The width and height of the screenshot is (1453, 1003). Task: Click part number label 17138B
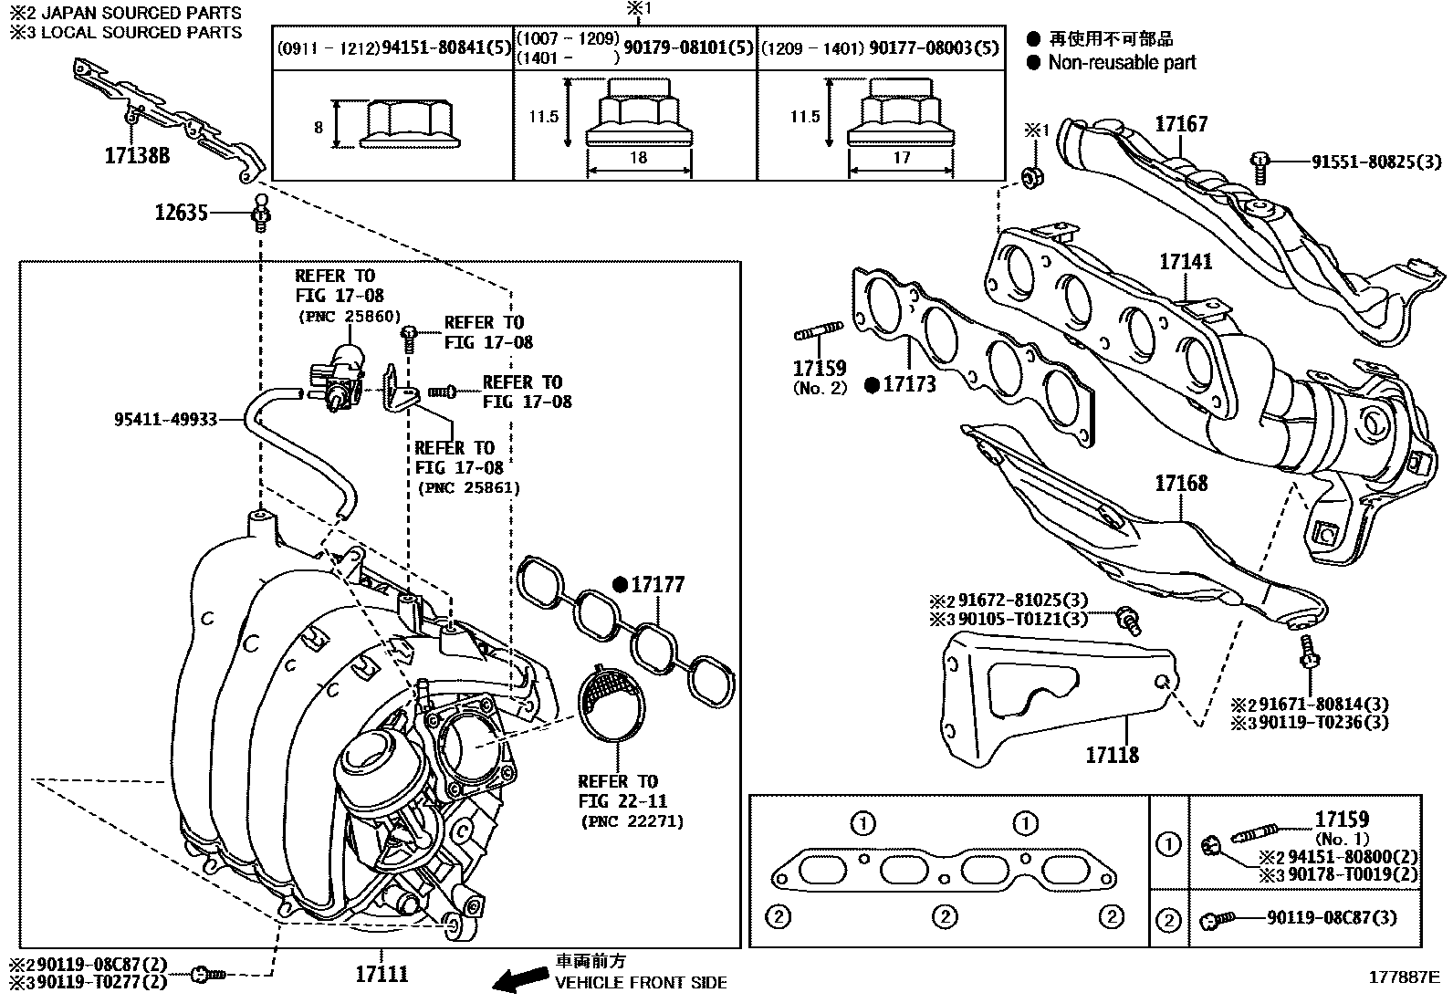click(x=137, y=155)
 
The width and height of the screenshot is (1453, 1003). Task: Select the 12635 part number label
click(x=182, y=213)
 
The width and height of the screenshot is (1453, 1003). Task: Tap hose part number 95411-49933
click(x=165, y=419)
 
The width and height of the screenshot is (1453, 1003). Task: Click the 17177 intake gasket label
click(x=657, y=585)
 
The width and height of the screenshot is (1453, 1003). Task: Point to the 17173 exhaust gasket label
click(x=909, y=385)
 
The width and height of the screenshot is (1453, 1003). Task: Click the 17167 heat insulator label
click(x=1181, y=124)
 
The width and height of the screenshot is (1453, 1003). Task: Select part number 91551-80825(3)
click(x=1376, y=162)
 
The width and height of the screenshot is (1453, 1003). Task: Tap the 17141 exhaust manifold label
click(x=1186, y=262)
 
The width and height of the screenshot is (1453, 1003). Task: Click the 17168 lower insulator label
click(x=1181, y=483)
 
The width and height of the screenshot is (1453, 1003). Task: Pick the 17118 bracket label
click(x=1112, y=755)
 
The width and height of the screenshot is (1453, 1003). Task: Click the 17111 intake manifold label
click(x=382, y=974)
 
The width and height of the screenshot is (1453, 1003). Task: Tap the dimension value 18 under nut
click(x=638, y=158)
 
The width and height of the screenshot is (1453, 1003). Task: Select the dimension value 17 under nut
click(x=901, y=158)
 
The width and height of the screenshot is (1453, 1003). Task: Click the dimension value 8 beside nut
click(x=319, y=128)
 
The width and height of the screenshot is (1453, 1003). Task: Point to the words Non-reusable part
click(x=1122, y=63)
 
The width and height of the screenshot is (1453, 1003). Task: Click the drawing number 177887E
click(x=1403, y=977)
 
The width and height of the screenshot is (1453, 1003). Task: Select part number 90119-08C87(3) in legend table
click(x=1332, y=918)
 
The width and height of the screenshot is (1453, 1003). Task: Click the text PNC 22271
click(x=631, y=821)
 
